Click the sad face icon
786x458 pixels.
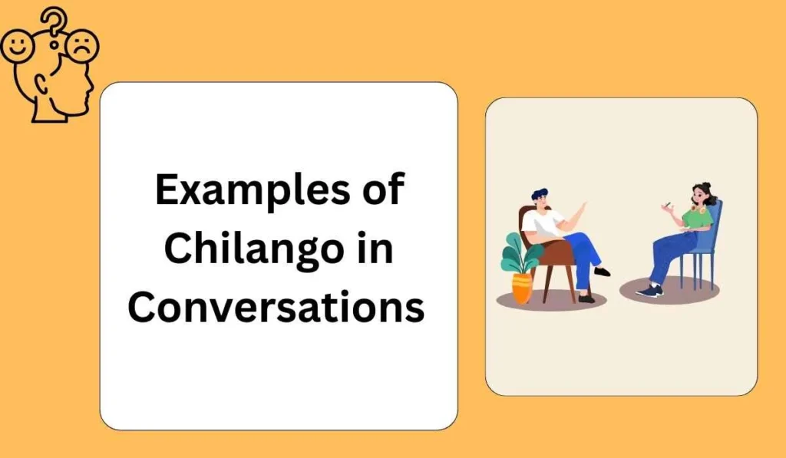(x=82, y=46)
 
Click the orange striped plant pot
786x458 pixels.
(x=522, y=288)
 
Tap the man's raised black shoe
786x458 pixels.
(x=603, y=271)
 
